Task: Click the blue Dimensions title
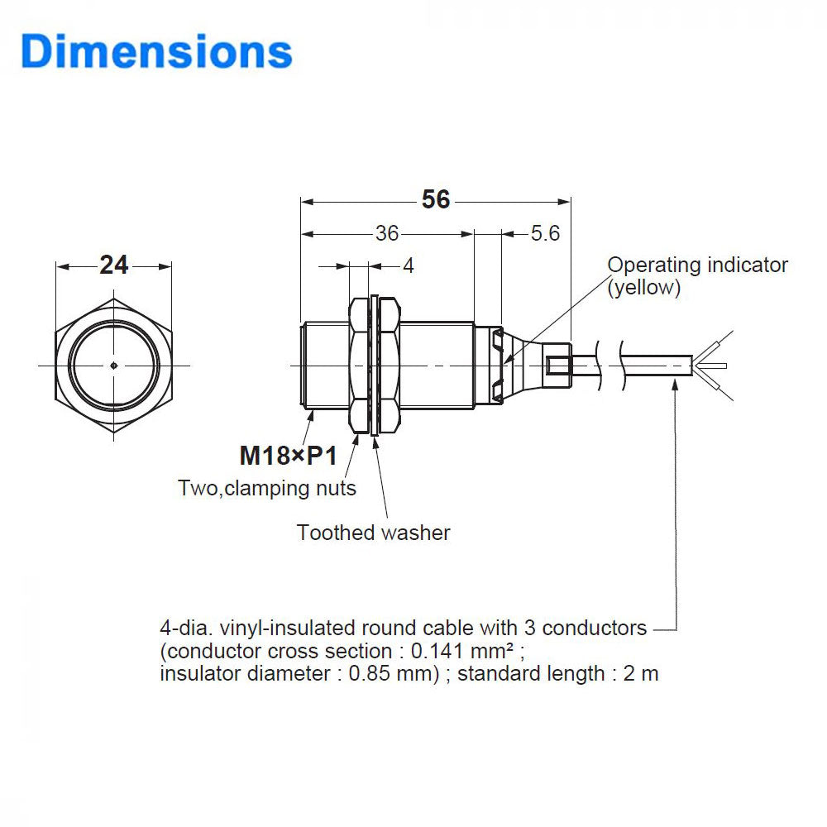pyautogui.click(x=157, y=51)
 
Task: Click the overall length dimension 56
pyautogui.click(x=436, y=200)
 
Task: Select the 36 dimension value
pyautogui.click(x=387, y=234)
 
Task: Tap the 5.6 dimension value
pyautogui.click(x=545, y=234)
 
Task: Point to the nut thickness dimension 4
pyautogui.click(x=408, y=265)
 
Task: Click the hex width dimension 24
pyautogui.click(x=114, y=265)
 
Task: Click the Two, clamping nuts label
pyautogui.click(x=267, y=488)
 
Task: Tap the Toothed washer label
pyautogui.click(x=374, y=533)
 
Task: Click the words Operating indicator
pyautogui.click(x=697, y=265)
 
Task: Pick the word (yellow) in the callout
pyautogui.click(x=644, y=288)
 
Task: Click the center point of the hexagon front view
pyautogui.click(x=113, y=365)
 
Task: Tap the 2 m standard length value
pyautogui.click(x=641, y=673)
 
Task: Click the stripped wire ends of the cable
pyautogui.click(x=713, y=365)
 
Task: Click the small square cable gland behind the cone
pyautogui.click(x=558, y=364)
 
